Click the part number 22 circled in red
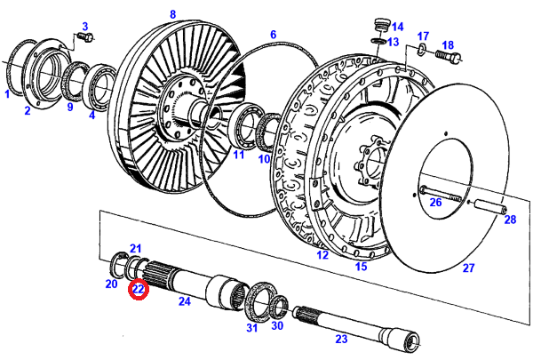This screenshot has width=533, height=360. (x=139, y=289)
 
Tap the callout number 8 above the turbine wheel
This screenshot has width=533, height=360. (x=172, y=14)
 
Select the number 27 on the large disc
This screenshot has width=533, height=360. (x=468, y=267)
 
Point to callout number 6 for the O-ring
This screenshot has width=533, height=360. (x=274, y=36)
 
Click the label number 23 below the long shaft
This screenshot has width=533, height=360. (x=340, y=338)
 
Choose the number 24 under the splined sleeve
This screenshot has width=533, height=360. (x=185, y=302)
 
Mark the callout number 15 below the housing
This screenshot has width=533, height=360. (x=362, y=266)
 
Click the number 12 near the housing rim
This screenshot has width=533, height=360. (x=322, y=255)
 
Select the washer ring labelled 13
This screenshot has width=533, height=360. (x=378, y=41)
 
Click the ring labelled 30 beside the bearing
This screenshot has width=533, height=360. (x=278, y=308)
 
